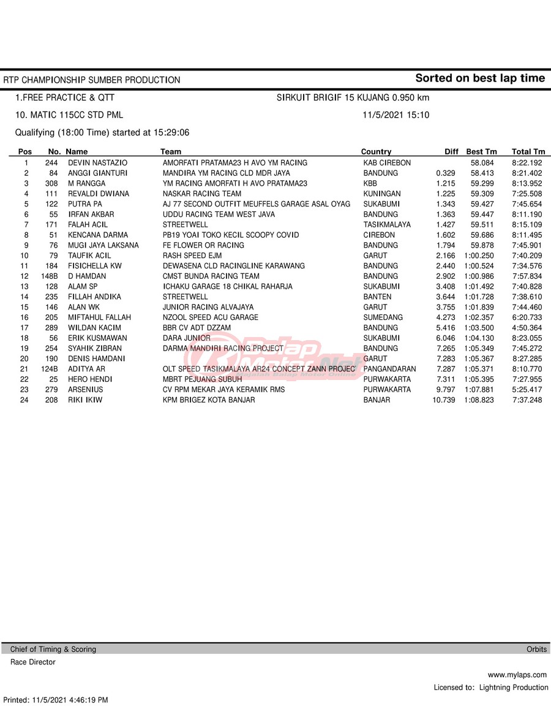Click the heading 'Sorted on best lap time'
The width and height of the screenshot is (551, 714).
(479, 78)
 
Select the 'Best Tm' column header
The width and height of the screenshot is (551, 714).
(482, 152)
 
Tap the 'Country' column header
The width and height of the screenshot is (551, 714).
(376, 152)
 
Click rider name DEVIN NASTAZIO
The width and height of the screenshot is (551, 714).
(97, 163)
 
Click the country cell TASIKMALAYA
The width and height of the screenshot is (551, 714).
(387, 225)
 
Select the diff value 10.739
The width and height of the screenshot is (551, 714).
(444, 400)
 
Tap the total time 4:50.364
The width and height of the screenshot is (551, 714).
(527, 328)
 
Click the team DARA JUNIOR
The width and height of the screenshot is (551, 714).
(187, 338)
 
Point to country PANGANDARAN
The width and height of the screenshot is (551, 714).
(389, 369)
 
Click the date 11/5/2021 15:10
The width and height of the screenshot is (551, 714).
(395, 115)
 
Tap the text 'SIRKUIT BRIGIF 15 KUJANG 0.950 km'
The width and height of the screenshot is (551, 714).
(353, 98)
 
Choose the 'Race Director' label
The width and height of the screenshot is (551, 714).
(33, 663)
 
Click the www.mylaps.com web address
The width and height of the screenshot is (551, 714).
(518, 675)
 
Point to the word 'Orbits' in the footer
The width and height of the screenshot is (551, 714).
(537, 650)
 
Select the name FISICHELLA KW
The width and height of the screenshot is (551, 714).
(94, 266)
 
